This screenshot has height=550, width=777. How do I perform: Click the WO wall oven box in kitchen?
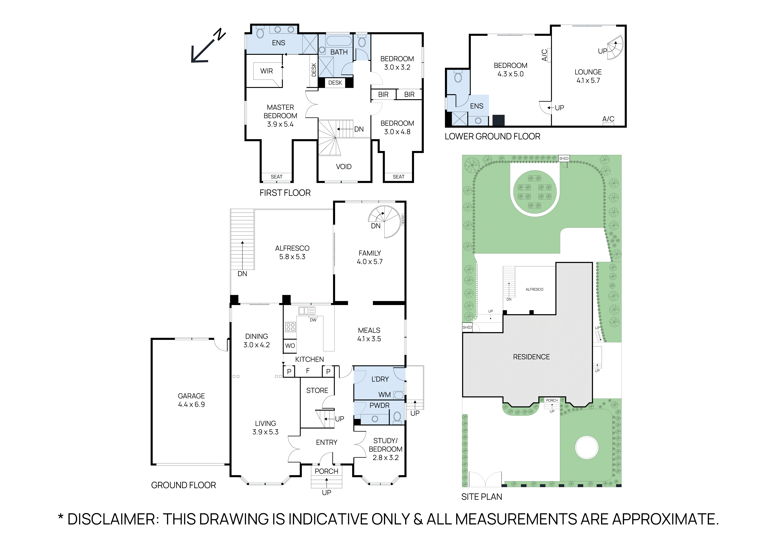click(x=290, y=346)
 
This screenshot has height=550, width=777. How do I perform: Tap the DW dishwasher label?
click(x=313, y=320)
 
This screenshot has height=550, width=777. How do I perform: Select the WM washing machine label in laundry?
click(x=384, y=395)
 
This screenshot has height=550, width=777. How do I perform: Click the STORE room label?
click(x=317, y=390)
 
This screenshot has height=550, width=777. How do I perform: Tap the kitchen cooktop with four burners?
click(x=290, y=327)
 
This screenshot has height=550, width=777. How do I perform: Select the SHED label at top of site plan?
click(x=564, y=158)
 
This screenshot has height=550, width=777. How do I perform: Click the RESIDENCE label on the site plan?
click(x=531, y=357)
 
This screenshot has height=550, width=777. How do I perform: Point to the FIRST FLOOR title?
click(x=285, y=193)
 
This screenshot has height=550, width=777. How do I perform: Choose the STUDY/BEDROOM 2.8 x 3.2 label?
click(x=385, y=449)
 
